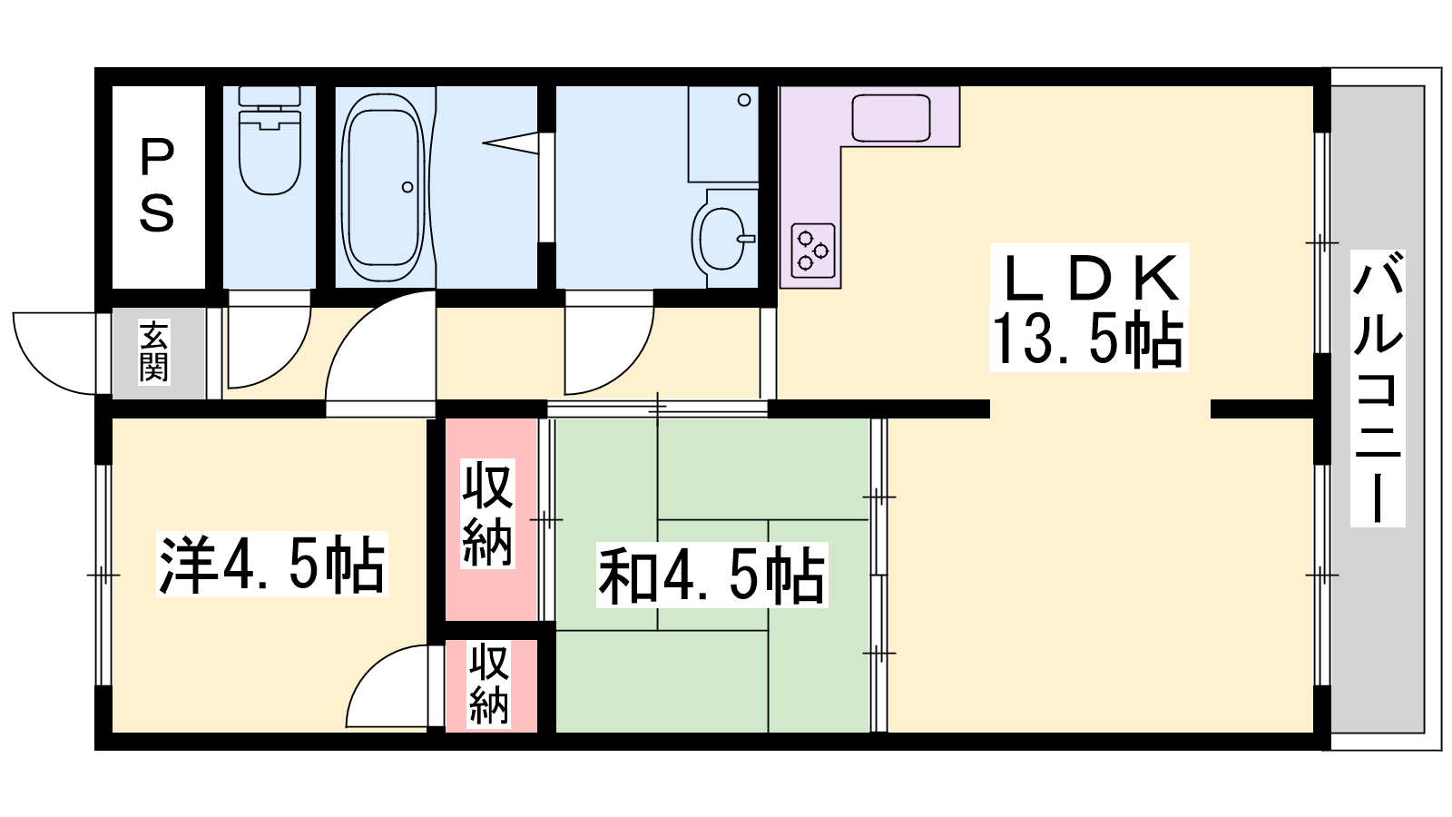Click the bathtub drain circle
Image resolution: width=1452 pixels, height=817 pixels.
407,187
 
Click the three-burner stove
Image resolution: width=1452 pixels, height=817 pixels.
813,251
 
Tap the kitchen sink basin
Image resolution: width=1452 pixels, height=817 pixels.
890,118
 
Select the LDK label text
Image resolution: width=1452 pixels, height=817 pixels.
1090,278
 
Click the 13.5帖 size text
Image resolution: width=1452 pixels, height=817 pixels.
1088,339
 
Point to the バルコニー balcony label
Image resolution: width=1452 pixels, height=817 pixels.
1378,388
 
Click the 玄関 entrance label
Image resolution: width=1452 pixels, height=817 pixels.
153,352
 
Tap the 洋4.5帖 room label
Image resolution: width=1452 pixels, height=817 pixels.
271,564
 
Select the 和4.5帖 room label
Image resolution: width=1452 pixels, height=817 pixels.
711,575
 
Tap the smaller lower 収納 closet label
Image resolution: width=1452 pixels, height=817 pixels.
489,683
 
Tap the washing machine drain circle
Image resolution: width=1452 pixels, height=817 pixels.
744,100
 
